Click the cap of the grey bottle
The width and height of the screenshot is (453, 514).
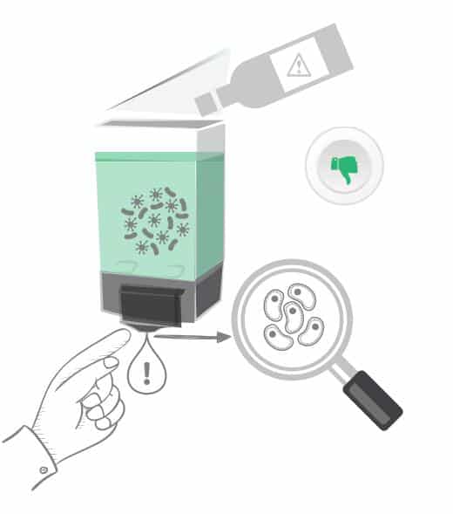pyautogui.click(x=208, y=103)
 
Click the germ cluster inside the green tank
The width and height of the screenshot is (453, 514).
pyautogui.click(x=155, y=218)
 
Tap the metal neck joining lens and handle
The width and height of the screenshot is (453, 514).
pyautogui.click(x=342, y=374)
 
